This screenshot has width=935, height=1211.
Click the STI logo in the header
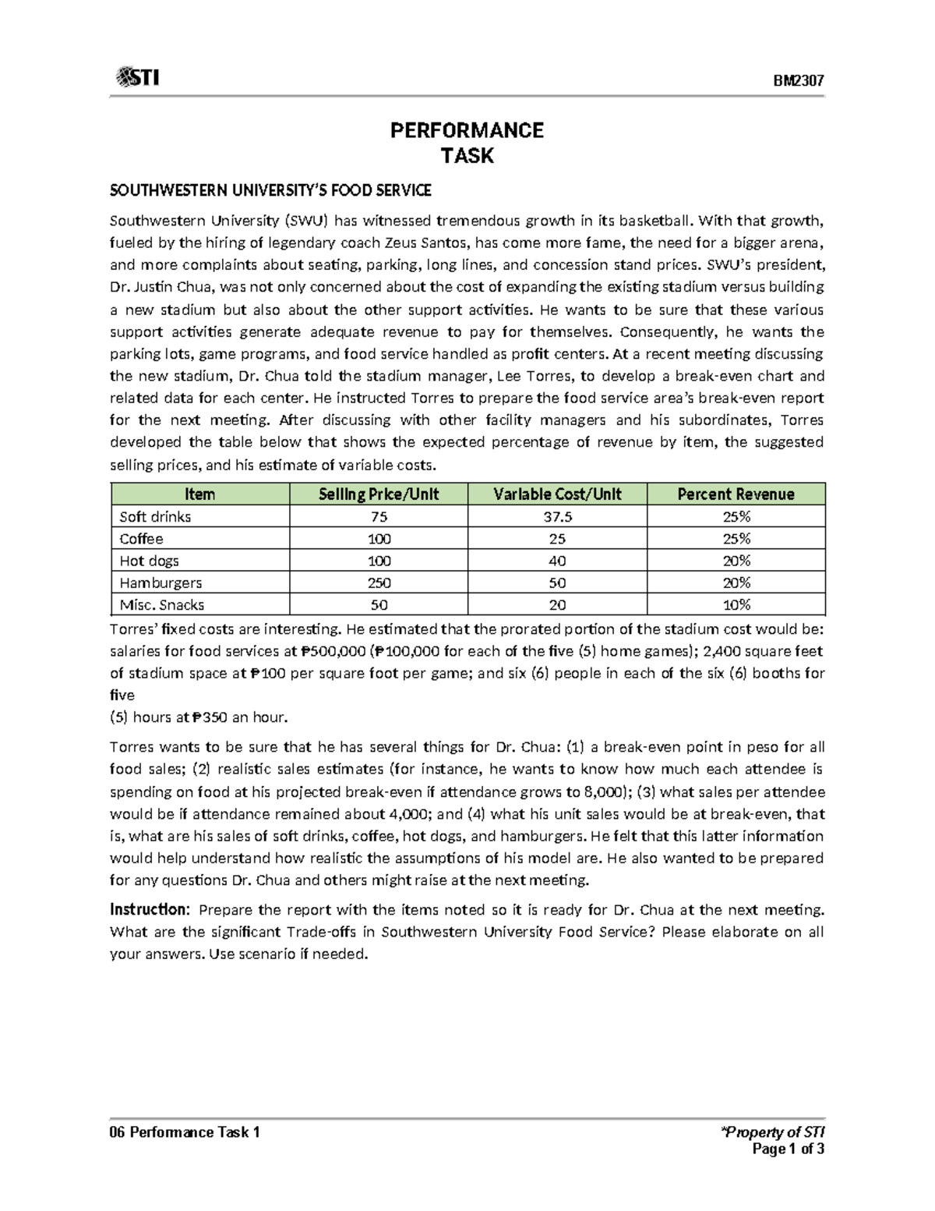coord(137,78)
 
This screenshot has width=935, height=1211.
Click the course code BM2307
coord(799,81)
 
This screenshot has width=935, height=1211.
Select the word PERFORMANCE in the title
coord(467,130)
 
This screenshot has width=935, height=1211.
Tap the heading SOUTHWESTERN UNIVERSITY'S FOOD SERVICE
coord(270,190)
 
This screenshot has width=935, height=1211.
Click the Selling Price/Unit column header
coord(379,494)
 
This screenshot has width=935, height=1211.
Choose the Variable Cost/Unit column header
coord(557,494)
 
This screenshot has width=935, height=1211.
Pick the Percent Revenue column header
coord(736,494)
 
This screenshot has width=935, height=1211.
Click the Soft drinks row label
coord(155,517)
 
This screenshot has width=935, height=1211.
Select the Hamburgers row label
coord(161,582)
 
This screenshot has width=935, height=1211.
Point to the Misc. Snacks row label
coord(162,605)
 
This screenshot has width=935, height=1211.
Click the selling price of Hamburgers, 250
coord(379,582)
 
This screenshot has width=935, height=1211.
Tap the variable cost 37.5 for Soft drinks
coord(557,517)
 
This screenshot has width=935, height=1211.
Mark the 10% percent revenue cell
coord(736,605)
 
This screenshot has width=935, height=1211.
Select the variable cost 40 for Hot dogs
coord(557,561)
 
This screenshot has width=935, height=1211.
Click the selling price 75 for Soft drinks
coord(379,517)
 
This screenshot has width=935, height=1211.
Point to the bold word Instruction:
coord(149,910)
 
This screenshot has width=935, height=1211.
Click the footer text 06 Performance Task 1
coord(185,1132)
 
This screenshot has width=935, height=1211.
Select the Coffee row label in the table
coord(141,539)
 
